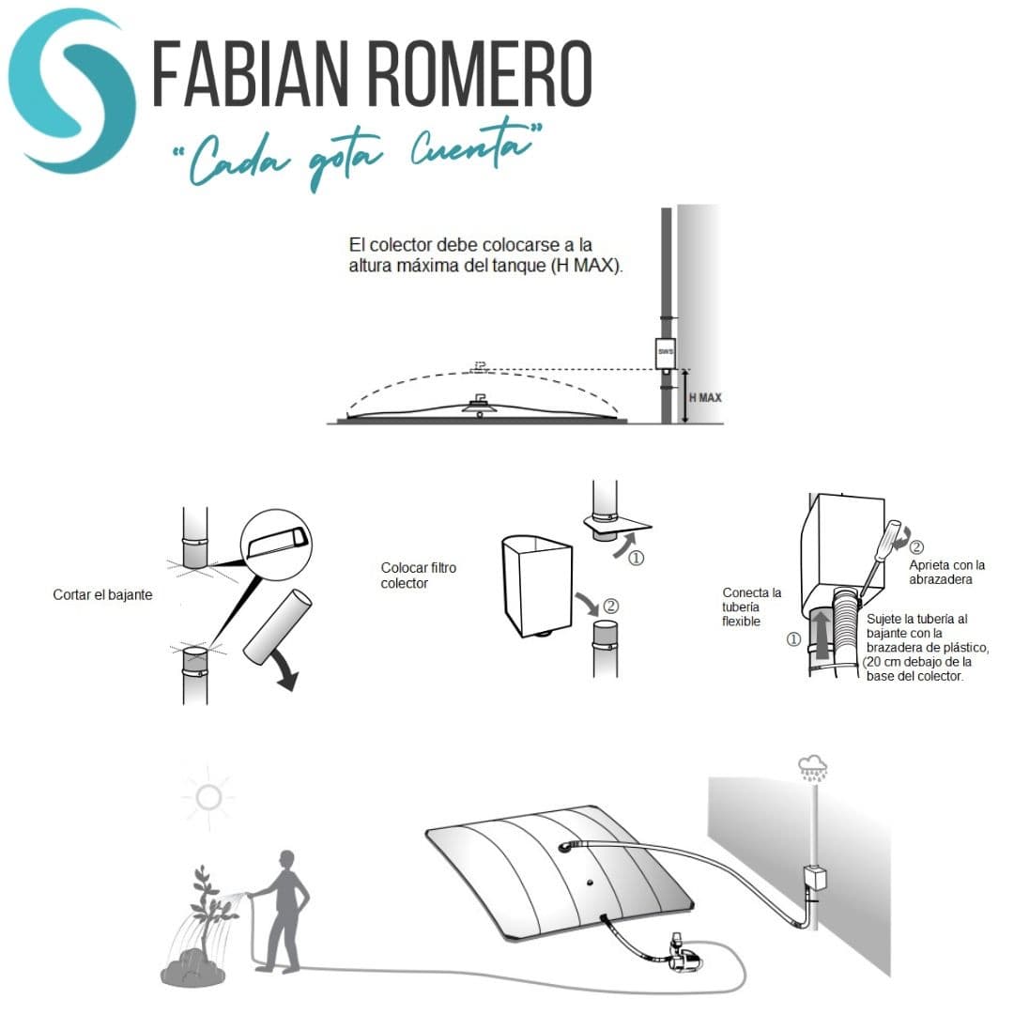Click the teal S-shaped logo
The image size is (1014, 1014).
(70, 89)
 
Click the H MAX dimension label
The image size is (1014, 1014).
(705, 397)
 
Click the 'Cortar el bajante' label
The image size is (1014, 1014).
(102, 595)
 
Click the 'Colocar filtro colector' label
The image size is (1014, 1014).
(405, 576)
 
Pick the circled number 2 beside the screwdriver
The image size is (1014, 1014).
(917, 546)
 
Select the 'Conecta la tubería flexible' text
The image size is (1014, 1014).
(751, 607)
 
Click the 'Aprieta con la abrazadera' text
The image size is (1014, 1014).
(947, 572)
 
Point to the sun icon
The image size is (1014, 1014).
(207, 798)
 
